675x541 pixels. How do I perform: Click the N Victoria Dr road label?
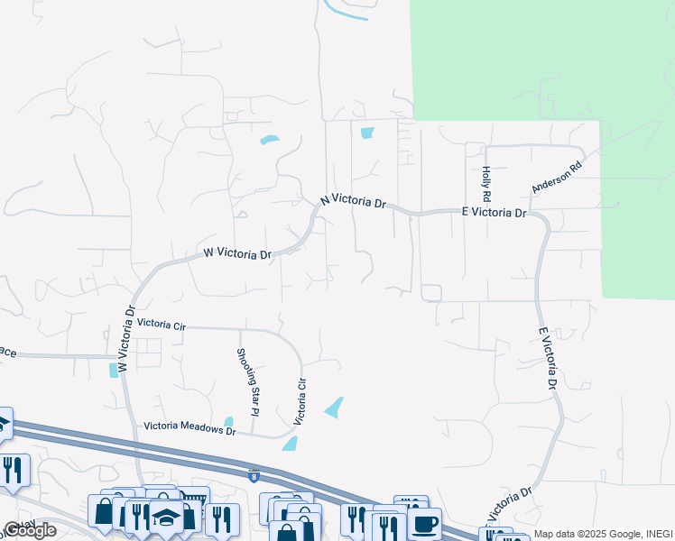pyautogui.click(x=355, y=201)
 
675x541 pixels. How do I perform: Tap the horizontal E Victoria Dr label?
pyautogui.click(x=494, y=213)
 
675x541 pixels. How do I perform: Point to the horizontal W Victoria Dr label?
pyautogui.click(x=237, y=254)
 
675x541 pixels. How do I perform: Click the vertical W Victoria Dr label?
pyautogui.click(x=126, y=339)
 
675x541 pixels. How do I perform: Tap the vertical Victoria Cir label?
pyautogui.click(x=301, y=401)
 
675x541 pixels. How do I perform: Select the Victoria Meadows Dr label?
pyautogui.click(x=190, y=431)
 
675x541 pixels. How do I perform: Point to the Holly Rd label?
pyautogui.click(x=486, y=183)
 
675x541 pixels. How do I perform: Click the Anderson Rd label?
pyautogui.click(x=558, y=177)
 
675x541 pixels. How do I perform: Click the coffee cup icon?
pyautogui.click(x=424, y=523)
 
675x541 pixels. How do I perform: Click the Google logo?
pyautogui.click(x=30, y=530)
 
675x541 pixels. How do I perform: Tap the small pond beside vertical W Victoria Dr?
pyautogui.click(x=113, y=370)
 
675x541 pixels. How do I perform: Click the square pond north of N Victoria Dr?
pyautogui.click(x=366, y=133)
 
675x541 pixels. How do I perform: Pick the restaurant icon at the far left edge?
pyautogui.click(x=13, y=470)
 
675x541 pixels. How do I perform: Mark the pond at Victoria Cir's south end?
pyautogui.click(x=291, y=444)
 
